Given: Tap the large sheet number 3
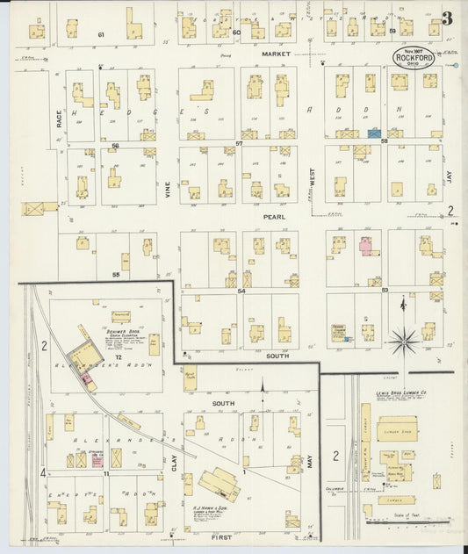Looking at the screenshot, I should [x=448, y=18].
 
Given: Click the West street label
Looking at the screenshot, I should [x=310, y=176].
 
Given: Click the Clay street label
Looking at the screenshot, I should [x=174, y=475].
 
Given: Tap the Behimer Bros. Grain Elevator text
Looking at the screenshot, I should [x=132, y=335].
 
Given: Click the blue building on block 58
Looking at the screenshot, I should [x=375, y=133].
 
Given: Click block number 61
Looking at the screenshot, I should [x=101, y=34].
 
